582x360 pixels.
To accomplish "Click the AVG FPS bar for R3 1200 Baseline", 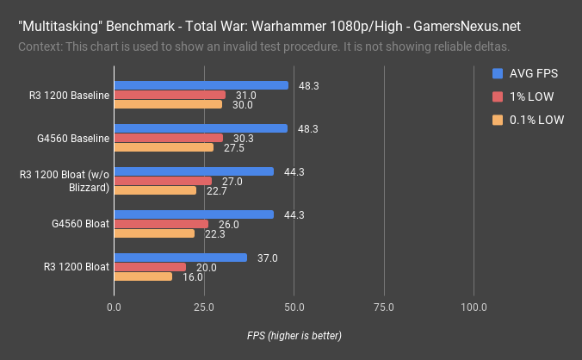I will coord(201,85).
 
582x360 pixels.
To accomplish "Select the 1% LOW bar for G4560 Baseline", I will coord(168,138).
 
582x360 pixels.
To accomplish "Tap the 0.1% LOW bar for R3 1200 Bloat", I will coord(142,276).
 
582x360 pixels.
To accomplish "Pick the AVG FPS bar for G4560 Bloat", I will coord(194,214).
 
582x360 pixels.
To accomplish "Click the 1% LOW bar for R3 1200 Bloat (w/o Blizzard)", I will coord(162,181).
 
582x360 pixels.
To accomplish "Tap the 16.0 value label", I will coord(194,276).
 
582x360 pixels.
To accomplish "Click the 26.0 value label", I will coord(230,224).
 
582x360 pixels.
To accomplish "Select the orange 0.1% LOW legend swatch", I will coord(497,120).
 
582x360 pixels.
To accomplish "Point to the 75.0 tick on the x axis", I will coord(384,307).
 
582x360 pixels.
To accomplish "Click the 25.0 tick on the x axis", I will coord(203,307).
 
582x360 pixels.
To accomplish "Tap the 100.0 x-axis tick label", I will coord(474,307).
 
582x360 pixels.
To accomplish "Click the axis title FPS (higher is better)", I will coord(294,335).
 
